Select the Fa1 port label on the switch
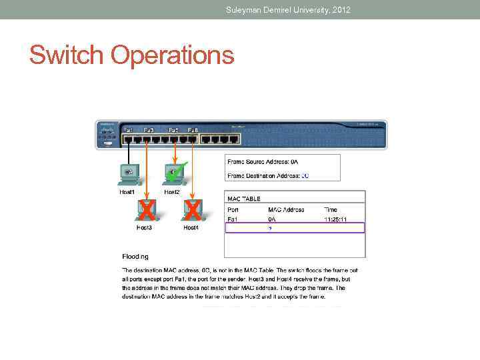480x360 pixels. click(x=128, y=129)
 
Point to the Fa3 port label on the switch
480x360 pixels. click(x=149, y=129)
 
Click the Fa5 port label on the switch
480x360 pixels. click(x=173, y=129)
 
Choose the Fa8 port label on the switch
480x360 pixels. click(x=193, y=129)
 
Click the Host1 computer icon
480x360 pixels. click(x=128, y=174)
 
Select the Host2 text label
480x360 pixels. click(x=172, y=192)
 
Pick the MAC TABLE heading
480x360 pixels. click(x=244, y=199)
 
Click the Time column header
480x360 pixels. click(x=331, y=209)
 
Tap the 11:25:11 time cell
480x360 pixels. click(x=336, y=219)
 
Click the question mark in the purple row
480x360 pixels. click(x=269, y=228)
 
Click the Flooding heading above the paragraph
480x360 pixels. click(x=135, y=256)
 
